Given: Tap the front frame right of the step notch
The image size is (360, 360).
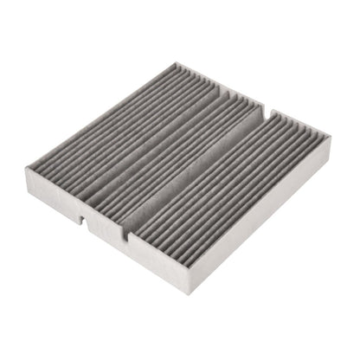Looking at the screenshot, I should click(x=160, y=264).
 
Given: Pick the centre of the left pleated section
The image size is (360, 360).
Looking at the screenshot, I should click(x=121, y=130).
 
